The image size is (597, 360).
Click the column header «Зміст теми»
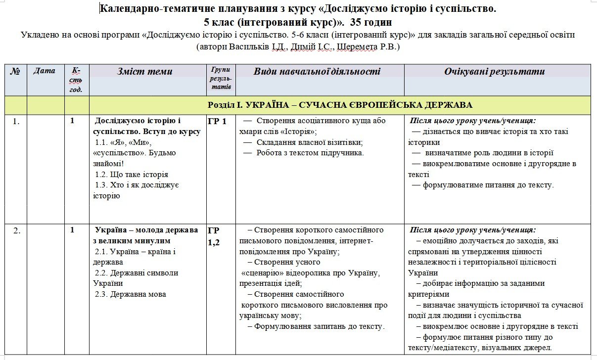tap(144, 72)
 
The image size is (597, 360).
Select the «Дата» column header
tap(45, 71)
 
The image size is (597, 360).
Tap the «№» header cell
tap(15, 71)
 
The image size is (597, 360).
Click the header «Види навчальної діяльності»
tap(317, 72)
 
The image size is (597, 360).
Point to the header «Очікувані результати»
tap(494, 72)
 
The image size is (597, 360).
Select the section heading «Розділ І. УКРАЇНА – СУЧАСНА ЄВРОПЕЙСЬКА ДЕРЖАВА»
tap(340, 105)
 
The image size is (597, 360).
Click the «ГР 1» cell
tap(217, 121)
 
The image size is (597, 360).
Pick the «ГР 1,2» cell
tap(214, 236)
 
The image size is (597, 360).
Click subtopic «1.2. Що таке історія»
tap(132, 175)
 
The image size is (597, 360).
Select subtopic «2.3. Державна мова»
tap(131, 294)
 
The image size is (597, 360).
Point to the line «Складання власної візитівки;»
tap(309, 142)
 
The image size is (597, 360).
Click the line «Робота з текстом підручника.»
tap(310, 153)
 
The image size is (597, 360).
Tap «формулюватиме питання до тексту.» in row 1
tap(488, 185)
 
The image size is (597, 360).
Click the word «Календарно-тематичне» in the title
tap(149, 8)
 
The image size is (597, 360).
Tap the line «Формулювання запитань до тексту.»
tap(319, 326)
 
